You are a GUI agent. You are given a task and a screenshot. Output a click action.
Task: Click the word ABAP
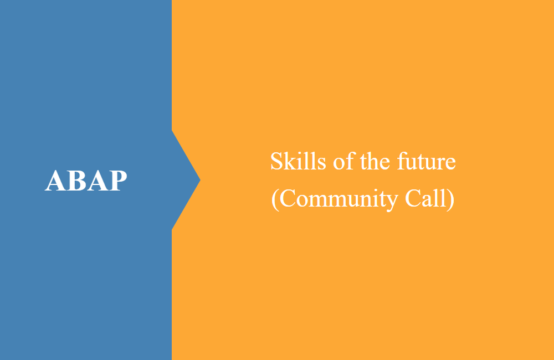[86, 181]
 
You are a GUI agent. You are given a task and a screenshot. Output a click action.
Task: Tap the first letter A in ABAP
[55, 181]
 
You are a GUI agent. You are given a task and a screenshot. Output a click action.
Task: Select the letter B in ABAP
[76, 181]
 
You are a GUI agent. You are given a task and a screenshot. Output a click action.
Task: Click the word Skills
[298, 161]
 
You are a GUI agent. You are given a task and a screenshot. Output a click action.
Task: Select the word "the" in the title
[375, 162]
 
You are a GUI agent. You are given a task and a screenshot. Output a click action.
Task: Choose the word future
[427, 162]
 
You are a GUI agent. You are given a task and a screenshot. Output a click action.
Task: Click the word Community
[339, 199]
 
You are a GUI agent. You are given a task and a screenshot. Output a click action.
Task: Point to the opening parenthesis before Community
[275, 199]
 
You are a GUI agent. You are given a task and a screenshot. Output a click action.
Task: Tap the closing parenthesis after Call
[450, 199]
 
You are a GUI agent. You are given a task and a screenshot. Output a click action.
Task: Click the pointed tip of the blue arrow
[200, 180]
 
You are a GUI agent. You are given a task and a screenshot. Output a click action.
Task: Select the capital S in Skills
[276, 162]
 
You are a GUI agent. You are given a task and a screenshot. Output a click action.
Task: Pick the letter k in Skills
[291, 161]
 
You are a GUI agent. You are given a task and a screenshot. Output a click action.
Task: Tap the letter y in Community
[392, 203]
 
